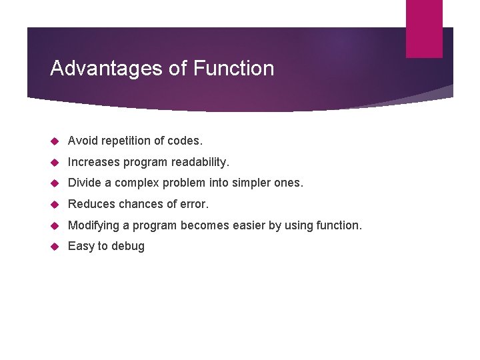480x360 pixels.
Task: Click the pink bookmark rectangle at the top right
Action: coord(424,28)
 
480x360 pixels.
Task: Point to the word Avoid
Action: coord(82,141)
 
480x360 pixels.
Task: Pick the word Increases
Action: coord(95,162)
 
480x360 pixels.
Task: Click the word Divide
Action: coord(84,183)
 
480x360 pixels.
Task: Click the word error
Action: coord(194,204)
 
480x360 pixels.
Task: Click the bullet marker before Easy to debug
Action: coord(55,246)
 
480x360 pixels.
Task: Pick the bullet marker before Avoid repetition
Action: coord(55,141)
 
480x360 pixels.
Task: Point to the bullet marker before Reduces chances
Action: coord(55,204)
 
